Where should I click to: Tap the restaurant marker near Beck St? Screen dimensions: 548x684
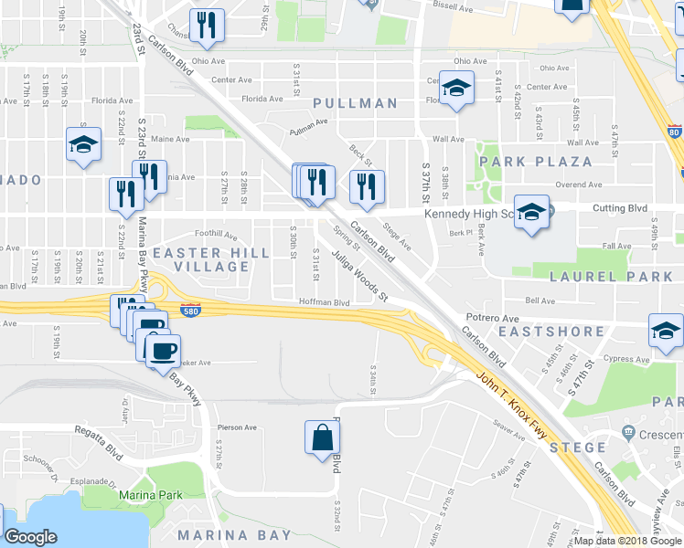point(367,187)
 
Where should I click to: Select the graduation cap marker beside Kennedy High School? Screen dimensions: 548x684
point(531,212)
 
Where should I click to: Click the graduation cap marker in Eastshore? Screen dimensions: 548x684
point(666,332)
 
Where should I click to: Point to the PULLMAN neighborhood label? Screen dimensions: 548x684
point(357,104)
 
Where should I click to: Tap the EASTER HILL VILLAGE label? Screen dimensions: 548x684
point(201,258)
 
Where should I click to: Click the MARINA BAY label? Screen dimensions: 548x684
point(234,535)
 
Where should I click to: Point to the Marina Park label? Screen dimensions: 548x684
point(150,496)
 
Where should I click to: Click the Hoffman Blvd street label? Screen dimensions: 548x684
point(325,302)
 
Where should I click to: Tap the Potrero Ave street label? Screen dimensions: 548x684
point(493,317)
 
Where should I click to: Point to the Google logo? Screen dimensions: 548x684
point(30,537)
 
